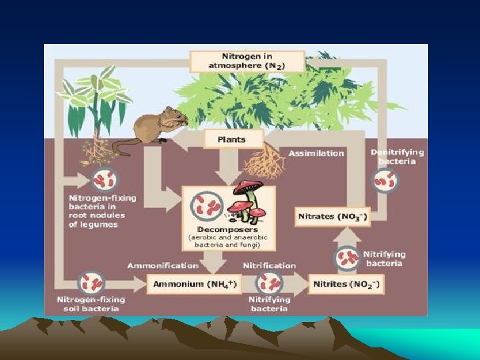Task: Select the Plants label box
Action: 231,140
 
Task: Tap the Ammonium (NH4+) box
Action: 187,284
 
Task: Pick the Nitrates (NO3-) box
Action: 331,217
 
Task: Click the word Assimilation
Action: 316,153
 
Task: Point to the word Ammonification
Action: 163,265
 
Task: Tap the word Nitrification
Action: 269,265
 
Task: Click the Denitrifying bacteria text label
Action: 397,157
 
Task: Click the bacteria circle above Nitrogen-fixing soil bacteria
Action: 91,283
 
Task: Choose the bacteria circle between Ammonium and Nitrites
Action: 269,284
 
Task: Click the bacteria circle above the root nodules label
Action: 104,180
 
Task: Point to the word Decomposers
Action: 219,230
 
